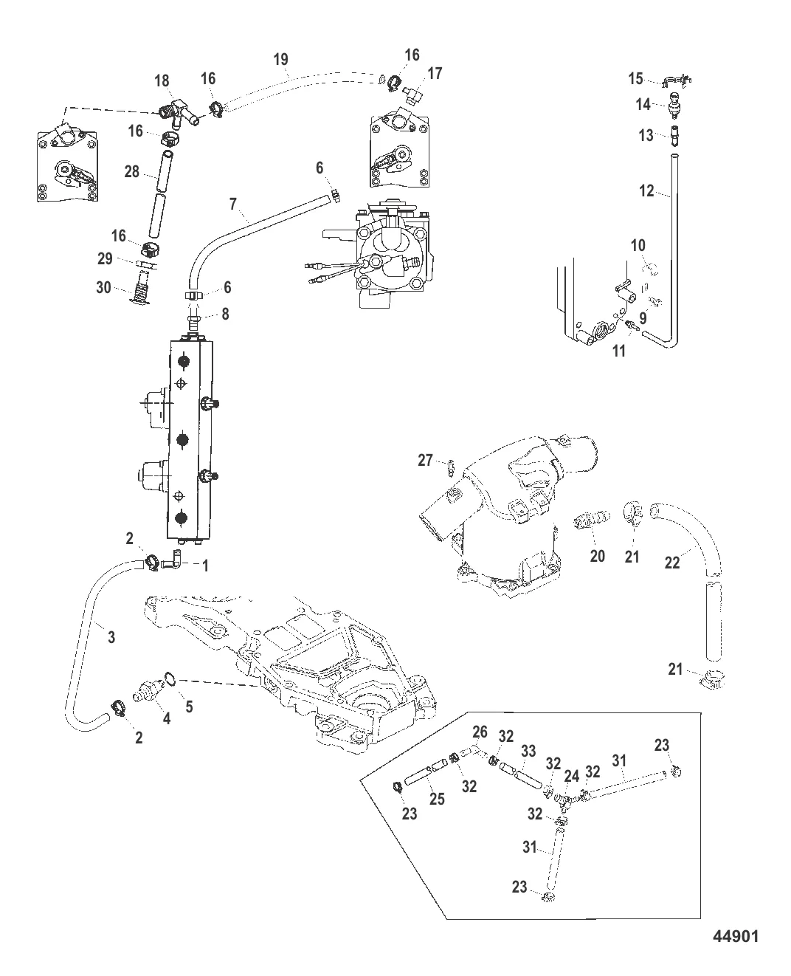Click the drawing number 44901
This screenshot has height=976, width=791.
pyautogui.click(x=736, y=936)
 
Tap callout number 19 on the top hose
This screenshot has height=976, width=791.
pyautogui.click(x=280, y=60)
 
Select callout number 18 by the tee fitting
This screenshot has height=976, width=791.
pyautogui.click(x=162, y=80)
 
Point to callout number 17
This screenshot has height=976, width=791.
pyautogui.click(x=435, y=73)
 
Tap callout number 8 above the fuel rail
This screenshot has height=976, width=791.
pyautogui.click(x=225, y=314)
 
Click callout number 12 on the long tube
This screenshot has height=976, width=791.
pyautogui.click(x=646, y=191)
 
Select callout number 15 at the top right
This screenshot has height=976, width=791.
pyautogui.click(x=635, y=79)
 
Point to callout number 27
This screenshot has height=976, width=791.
pyautogui.click(x=425, y=461)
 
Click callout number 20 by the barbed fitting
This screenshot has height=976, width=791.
pyautogui.click(x=597, y=555)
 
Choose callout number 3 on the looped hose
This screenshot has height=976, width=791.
pyautogui.click(x=111, y=636)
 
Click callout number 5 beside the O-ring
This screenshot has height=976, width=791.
pyautogui.click(x=189, y=706)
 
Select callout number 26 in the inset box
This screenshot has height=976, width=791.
pyautogui.click(x=480, y=732)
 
